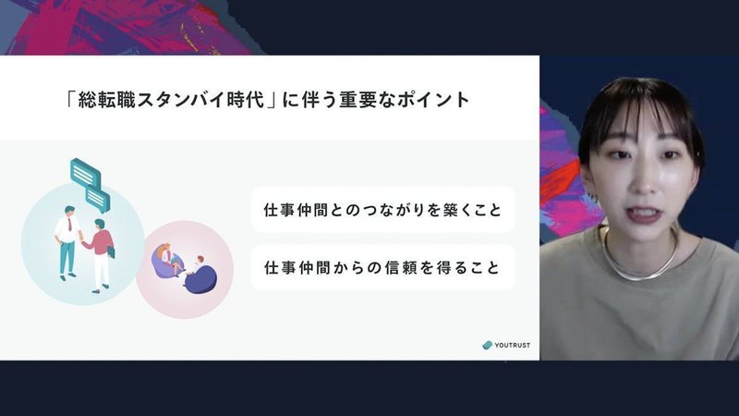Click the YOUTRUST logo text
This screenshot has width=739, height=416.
[x=512, y=345]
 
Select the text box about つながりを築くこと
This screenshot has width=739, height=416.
[x=382, y=210]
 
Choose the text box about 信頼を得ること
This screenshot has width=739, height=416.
[x=382, y=267]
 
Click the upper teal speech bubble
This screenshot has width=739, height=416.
[x=85, y=173]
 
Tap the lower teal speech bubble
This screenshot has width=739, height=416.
[x=98, y=200]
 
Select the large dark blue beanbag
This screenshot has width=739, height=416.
[x=201, y=279]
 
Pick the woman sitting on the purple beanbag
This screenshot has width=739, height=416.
[x=170, y=259]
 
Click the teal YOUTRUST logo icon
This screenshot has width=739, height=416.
[x=488, y=345]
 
